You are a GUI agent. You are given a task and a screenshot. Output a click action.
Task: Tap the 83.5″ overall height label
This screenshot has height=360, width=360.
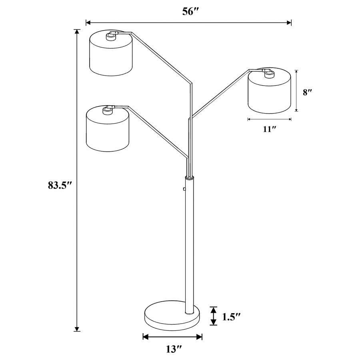point(59,185)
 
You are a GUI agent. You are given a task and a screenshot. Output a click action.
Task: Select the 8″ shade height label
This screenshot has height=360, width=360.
point(307,92)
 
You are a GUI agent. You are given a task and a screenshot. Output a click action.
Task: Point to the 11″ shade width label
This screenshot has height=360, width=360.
point(269,129)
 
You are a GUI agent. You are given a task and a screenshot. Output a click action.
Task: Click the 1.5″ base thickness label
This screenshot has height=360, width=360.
point(231,317)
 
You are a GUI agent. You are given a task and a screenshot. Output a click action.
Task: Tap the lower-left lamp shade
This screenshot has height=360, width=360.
point(108,130)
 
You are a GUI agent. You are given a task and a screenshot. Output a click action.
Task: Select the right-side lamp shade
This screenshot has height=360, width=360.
point(269,93)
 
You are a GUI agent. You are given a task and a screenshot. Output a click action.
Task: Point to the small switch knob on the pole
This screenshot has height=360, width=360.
point(184,189)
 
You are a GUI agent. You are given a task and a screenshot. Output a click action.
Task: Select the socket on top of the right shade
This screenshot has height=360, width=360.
point(268,72)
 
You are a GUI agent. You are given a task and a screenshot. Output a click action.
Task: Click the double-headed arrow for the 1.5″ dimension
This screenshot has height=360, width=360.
point(214,316)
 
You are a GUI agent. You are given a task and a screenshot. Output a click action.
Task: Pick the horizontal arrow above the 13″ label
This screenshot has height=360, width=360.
point(172,337)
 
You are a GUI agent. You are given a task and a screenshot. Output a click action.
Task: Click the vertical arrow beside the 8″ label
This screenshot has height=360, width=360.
point(296,91)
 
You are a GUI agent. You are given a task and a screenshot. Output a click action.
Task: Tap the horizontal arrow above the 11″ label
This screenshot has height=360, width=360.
point(269,119)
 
